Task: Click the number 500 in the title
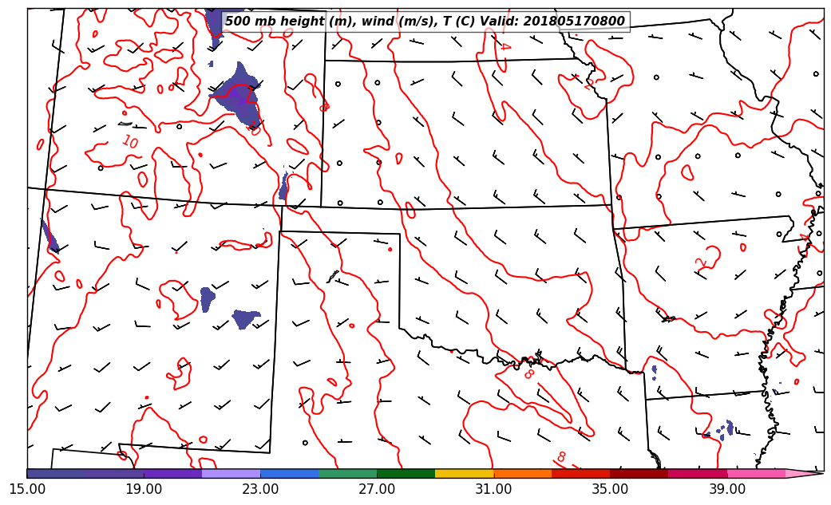(x=237, y=22)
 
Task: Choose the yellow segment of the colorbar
(x=465, y=474)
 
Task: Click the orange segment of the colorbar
(x=523, y=474)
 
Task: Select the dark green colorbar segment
(x=406, y=474)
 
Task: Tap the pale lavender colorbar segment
(x=231, y=474)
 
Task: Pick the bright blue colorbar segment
(x=289, y=474)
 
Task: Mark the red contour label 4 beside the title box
(x=504, y=45)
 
